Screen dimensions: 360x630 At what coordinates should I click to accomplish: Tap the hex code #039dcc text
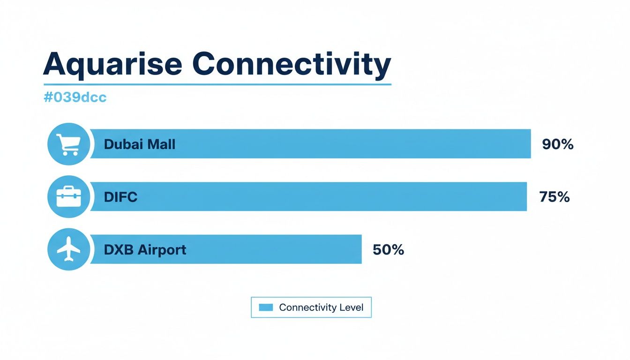pyautogui.click(x=75, y=97)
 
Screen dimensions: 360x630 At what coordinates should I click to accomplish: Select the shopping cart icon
pyautogui.click(x=68, y=144)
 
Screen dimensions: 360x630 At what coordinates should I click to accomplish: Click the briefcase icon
pyautogui.click(x=68, y=196)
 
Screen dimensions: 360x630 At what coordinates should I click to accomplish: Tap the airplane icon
pyautogui.click(x=68, y=249)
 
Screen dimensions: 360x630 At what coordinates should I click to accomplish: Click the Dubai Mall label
pyautogui.click(x=139, y=144)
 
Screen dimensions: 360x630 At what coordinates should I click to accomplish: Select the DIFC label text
pyautogui.click(x=120, y=197)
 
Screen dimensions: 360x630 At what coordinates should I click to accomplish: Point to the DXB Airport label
pyautogui.click(x=145, y=250)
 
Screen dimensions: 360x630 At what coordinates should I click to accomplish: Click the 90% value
pyautogui.click(x=557, y=144)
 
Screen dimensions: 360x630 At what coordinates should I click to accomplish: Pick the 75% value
pyautogui.click(x=554, y=197)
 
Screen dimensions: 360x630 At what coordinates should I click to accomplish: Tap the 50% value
pyautogui.click(x=388, y=250)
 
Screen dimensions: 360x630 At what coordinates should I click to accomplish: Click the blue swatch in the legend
pyautogui.click(x=266, y=307)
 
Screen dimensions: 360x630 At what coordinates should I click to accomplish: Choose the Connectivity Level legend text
pyautogui.click(x=321, y=307)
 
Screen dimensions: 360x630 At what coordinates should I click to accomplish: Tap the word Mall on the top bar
pyautogui.click(x=161, y=144)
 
